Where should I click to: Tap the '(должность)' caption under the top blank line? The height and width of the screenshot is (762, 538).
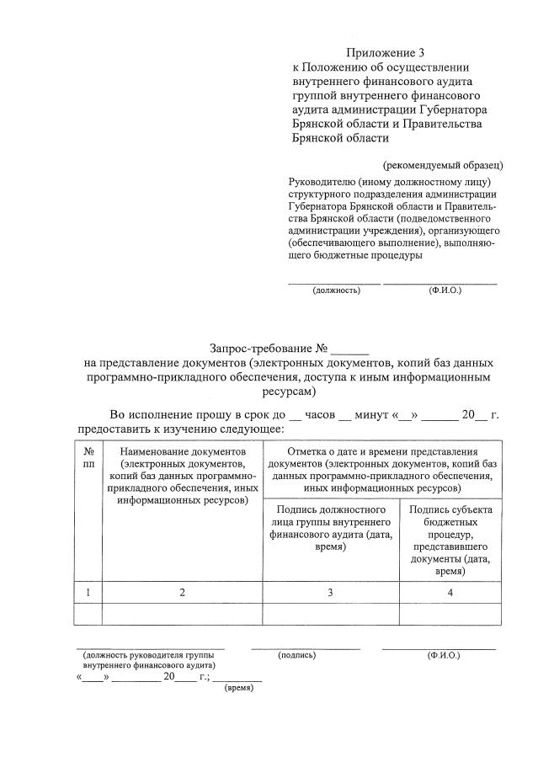coord(336,290)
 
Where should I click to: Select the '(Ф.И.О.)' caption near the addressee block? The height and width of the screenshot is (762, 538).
coord(445,290)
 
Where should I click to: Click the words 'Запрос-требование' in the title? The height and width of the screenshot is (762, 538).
coord(260,348)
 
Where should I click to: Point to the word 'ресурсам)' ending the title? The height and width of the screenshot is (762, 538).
coord(287,392)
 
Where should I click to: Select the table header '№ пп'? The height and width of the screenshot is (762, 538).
coord(88,458)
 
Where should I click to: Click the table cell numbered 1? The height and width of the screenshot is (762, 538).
coord(88,593)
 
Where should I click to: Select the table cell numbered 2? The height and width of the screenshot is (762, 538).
coord(182,593)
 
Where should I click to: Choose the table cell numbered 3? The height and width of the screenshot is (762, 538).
coord(331,593)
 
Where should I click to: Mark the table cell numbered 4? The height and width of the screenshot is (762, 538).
coord(450,593)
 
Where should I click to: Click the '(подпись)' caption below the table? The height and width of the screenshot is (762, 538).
coord(296,654)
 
